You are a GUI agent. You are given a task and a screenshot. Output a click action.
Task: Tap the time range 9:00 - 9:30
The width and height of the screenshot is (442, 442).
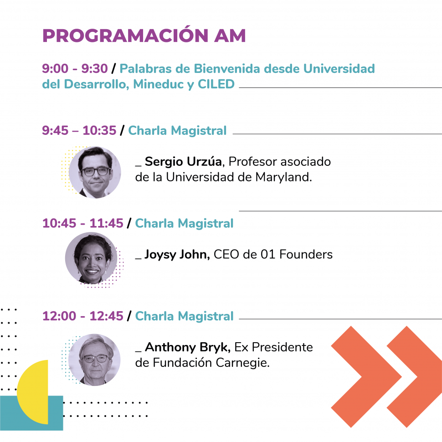click(x=75, y=68)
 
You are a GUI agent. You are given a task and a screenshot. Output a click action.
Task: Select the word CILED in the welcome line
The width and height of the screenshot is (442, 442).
click(x=216, y=84)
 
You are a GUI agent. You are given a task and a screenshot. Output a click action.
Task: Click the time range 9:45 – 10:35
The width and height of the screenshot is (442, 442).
click(x=79, y=130)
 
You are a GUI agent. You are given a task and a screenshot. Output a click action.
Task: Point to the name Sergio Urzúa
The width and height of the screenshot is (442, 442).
click(x=183, y=161)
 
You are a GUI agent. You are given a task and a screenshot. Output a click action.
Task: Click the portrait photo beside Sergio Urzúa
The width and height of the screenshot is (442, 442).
click(x=95, y=172)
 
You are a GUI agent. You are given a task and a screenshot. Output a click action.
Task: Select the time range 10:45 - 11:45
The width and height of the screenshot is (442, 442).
click(x=82, y=223)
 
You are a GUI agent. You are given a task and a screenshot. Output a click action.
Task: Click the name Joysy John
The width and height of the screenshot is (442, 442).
click(x=177, y=255)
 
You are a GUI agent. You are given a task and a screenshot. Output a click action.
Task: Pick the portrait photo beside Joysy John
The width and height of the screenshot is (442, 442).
click(x=91, y=257)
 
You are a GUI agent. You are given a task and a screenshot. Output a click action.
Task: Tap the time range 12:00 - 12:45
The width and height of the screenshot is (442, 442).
click(x=82, y=316)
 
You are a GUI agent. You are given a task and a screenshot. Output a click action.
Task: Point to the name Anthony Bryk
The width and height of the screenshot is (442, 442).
click(x=188, y=348)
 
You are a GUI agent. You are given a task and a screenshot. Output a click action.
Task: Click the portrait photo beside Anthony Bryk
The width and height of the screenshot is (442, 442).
click(x=94, y=360)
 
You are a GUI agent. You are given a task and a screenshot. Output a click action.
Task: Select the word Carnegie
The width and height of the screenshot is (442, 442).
click(x=243, y=363)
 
